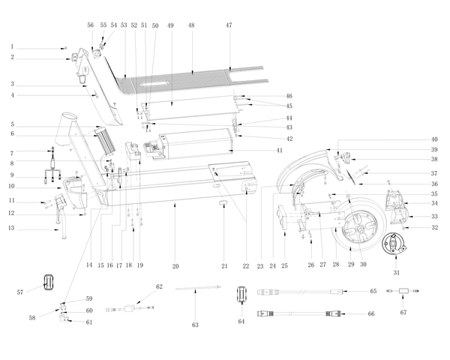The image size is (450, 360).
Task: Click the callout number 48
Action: [191, 25]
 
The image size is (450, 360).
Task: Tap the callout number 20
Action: [175, 266]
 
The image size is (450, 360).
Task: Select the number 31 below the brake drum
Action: [396, 272]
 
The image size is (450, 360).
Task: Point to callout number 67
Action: [403, 312]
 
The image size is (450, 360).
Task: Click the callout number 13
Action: [11, 228]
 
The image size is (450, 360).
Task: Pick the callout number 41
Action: [280, 150]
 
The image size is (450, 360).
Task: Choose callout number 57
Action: [19, 292]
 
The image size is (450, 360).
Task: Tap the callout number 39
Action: [434, 149]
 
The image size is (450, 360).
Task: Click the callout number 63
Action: [195, 325]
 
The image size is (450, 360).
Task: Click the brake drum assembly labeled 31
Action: [394, 244]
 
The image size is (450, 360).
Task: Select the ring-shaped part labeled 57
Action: [49, 282]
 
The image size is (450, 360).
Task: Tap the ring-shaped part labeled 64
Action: [242, 294]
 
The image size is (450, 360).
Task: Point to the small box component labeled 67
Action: [403, 291]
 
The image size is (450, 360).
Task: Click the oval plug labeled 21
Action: [223, 203]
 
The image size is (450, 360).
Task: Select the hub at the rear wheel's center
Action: [359, 229]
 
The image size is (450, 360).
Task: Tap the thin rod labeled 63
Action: [198, 288]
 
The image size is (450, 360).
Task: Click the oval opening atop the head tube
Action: [70, 116]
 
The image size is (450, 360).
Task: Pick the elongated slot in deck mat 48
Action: [154, 84]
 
